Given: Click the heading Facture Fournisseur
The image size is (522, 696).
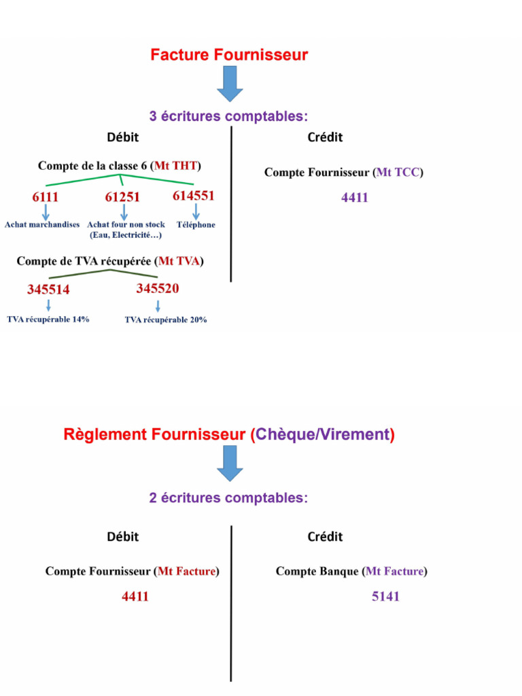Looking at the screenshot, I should tap(229, 55).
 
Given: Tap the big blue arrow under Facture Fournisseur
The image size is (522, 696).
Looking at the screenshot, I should tap(230, 84).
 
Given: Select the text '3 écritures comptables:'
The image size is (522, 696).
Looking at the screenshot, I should tap(228, 116).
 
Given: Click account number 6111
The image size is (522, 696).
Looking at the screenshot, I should tap(46, 198).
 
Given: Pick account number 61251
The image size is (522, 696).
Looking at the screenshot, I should tap(122, 198).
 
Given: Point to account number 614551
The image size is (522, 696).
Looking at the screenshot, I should tap(194, 196).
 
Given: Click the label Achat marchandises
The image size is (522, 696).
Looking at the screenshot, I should tap(42, 224).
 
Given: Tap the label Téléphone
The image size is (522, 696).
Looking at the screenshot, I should tap(196, 224).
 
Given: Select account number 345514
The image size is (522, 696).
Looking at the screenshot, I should tap(48, 290).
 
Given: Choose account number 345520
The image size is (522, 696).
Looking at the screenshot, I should tap(158, 289).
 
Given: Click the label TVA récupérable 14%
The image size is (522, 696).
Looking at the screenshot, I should tap(48, 319).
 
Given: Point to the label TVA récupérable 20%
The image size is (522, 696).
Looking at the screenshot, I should tap(166, 319).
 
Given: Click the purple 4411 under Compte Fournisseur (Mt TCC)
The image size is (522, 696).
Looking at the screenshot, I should tap(355, 198).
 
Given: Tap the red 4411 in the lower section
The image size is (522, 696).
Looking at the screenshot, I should tap(135, 597).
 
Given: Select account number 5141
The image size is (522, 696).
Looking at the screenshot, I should tap(385, 597).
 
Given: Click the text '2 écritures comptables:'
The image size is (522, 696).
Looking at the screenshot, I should tap(228, 498).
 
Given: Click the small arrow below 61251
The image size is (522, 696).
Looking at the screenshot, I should tap(124, 212).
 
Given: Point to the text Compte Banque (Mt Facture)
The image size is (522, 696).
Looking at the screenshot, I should tap(351, 572).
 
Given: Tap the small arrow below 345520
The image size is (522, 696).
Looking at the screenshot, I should tap(158, 305).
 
